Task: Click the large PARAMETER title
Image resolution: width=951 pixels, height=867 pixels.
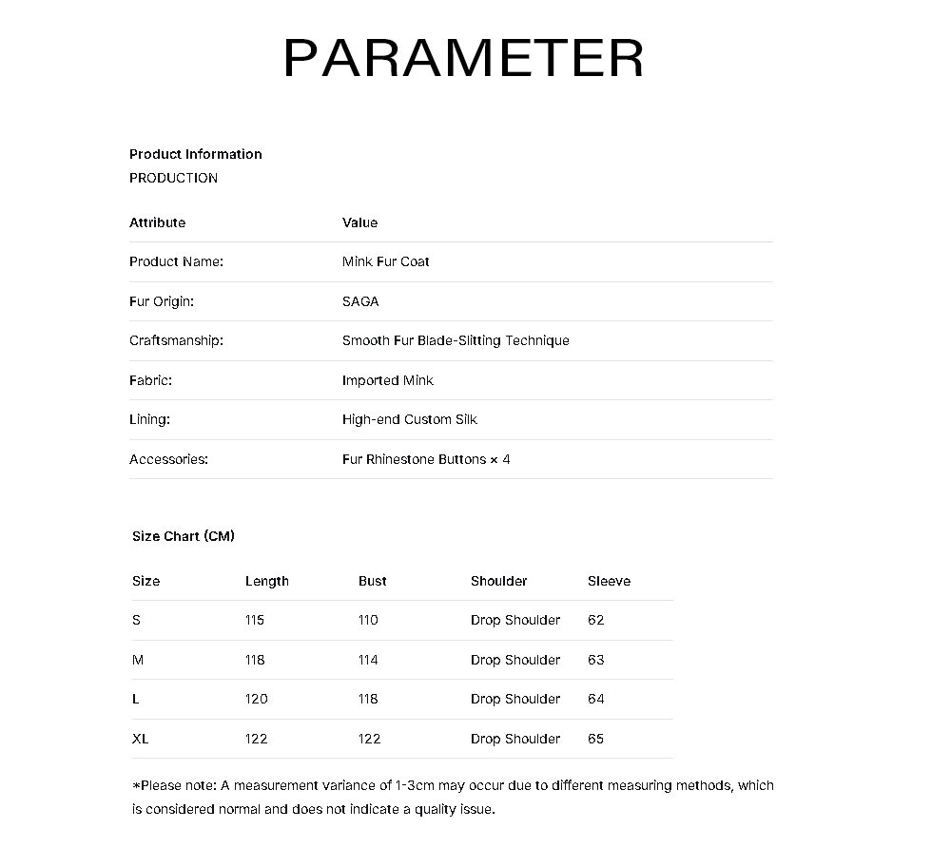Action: (x=464, y=58)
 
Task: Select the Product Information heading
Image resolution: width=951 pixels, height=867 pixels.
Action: (x=195, y=154)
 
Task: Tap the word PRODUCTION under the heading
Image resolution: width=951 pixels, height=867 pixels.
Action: (x=173, y=178)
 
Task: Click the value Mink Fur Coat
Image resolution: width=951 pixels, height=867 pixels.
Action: (x=385, y=261)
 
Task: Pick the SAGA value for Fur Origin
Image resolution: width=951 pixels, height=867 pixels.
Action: (x=359, y=301)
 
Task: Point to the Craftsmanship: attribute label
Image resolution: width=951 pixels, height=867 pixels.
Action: (x=176, y=340)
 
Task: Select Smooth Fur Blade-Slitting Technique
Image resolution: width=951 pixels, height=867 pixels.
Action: (x=456, y=340)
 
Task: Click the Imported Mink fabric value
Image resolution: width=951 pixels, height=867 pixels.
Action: (x=387, y=380)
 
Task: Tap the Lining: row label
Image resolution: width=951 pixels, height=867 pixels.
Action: (x=149, y=419)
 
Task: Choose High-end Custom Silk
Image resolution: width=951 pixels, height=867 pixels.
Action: (x=409, y=419)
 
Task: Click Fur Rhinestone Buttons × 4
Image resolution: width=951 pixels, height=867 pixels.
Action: (x=426, y=459)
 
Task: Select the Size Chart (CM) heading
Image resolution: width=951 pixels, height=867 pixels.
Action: (x=184, y=536)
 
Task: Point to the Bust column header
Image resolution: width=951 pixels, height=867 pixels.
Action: (x=372, y=581)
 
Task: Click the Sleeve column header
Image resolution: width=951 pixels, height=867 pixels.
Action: (x=609, y=581)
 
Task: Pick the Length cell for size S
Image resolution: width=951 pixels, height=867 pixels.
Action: (x=254, y=620)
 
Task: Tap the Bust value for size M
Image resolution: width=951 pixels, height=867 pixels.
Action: (x=368, y=660)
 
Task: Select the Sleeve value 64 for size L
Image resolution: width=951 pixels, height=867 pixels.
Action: (x=595, y=699)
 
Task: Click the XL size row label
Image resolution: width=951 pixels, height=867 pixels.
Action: (x=140, y=739)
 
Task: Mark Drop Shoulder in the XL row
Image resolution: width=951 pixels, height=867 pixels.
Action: (x=514, y=739)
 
